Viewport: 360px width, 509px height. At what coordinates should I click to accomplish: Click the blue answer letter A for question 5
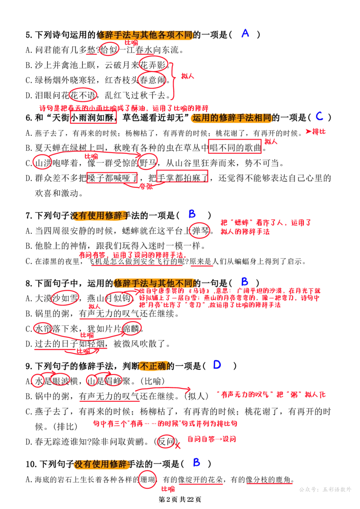pos(245,33)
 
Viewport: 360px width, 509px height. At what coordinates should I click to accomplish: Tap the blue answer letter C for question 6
pos(320,116)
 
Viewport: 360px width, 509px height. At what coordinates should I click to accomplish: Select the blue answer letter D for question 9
pos(217,365)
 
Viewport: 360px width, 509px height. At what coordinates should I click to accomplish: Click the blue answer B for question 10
pos(196,462)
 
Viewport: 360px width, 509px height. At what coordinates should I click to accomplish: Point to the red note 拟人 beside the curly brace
pos(188,77)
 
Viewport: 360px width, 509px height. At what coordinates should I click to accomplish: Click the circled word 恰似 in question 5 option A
pos(109,50)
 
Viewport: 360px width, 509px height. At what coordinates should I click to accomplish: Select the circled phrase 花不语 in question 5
pos(83,95)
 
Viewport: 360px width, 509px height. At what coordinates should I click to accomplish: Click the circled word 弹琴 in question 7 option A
pos(200,230)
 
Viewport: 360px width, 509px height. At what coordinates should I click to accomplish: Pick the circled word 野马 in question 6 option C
pos(148,162)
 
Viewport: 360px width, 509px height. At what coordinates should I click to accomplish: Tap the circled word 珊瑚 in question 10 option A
pos(148,479)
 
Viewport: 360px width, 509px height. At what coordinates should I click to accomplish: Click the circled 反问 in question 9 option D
pos(166,441)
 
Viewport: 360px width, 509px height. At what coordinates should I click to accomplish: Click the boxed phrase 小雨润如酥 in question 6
pos(94,117)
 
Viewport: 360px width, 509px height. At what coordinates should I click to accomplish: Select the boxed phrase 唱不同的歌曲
pos(235,148)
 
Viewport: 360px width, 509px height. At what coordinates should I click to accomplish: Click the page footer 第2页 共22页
pos(180,500)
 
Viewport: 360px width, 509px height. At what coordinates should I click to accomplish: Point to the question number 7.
pos(28,216)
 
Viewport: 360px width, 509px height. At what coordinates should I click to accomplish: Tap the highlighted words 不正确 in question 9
pos(153,366)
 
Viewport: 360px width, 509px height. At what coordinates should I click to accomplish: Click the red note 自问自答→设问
pos(211,439)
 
